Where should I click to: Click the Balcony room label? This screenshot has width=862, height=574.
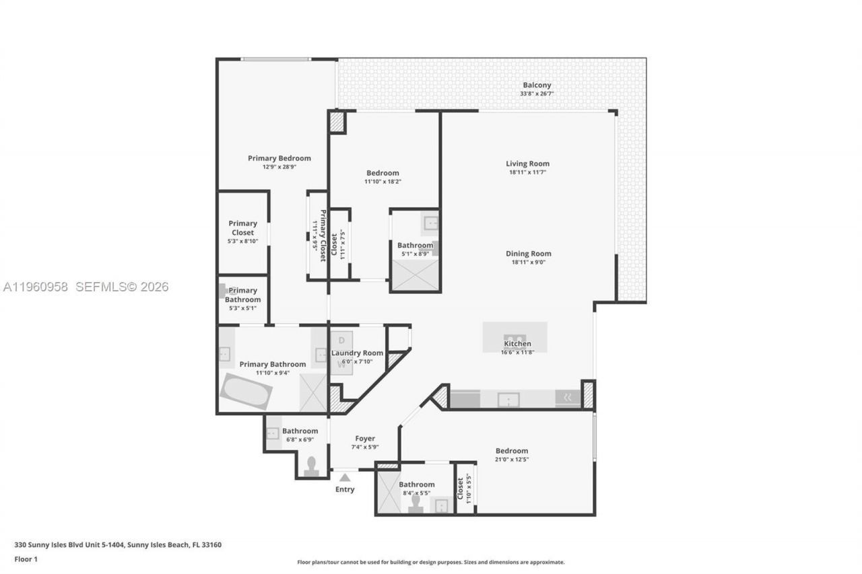click(x=537, y=85)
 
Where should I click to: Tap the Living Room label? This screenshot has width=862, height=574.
click(x=527, y=164)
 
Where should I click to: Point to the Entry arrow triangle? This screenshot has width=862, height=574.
click(x=344, y=477)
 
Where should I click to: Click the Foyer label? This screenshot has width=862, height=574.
click(x=364, y=439)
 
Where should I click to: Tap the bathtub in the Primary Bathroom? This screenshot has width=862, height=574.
click(x=246, y=391)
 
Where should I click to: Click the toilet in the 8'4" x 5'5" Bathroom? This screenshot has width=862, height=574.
click(x=416, y=504)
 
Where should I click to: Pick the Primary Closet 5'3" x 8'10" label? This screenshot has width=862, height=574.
click(x=242, y=228)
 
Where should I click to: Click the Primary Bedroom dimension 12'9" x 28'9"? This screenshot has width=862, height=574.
click(x=279, y=167)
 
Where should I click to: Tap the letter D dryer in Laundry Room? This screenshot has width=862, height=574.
click(x=341, y=340)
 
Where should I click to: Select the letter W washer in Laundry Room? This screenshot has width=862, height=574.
click(x=341, y=364)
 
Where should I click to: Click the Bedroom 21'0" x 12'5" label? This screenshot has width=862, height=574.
click(x=512, y=451)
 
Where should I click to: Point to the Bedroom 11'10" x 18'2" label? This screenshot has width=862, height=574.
click(x=383, y=173)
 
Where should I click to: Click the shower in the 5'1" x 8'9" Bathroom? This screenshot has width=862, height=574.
click(x=415, y=275)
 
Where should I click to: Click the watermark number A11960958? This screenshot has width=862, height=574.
click(x=36, y=287)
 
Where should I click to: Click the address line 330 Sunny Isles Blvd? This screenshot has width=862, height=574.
click(x=118, y=545)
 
